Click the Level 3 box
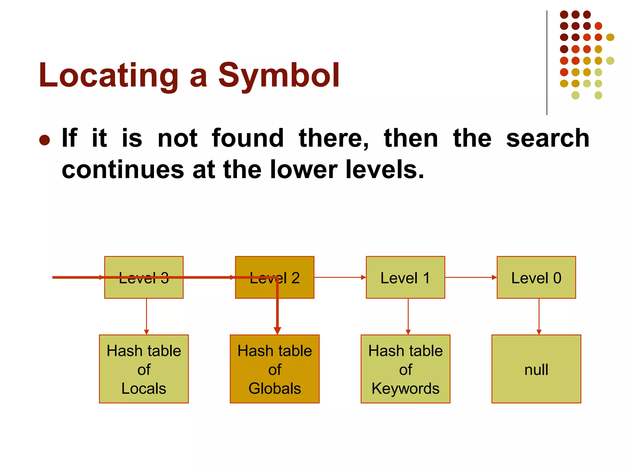click(144, 288)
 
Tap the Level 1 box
click(405, 278)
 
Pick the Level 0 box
click(536, 278)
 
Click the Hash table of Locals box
click(144, 369)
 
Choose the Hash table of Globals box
click(274, 369)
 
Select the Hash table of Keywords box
click(405, 369)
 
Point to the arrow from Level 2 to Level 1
click(340, 278)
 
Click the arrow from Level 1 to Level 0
click(471, 278)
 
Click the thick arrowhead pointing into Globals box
click(278, 331)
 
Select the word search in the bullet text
click(547, 138)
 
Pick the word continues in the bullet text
click(123, 170)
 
